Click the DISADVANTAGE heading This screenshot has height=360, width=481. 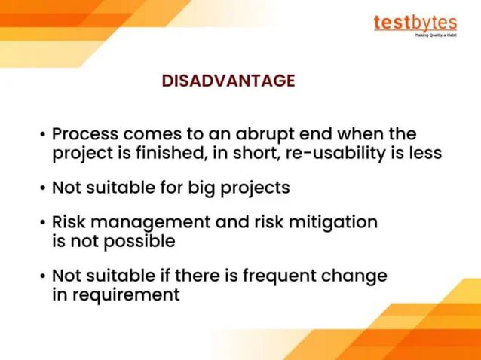pyautogui.click(x=228, y=81)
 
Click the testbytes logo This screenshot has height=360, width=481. pyautogui.click(x=415, y=23)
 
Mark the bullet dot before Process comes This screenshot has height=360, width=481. pyautogui.click(x=42, y=135)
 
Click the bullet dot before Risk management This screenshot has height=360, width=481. pyautogui.click(x=42, y=223)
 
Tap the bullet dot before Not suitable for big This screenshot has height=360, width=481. pyautogui.click(x=42, y=188)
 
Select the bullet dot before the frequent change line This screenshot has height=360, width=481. pyautogui.click(x=42, y=276)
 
